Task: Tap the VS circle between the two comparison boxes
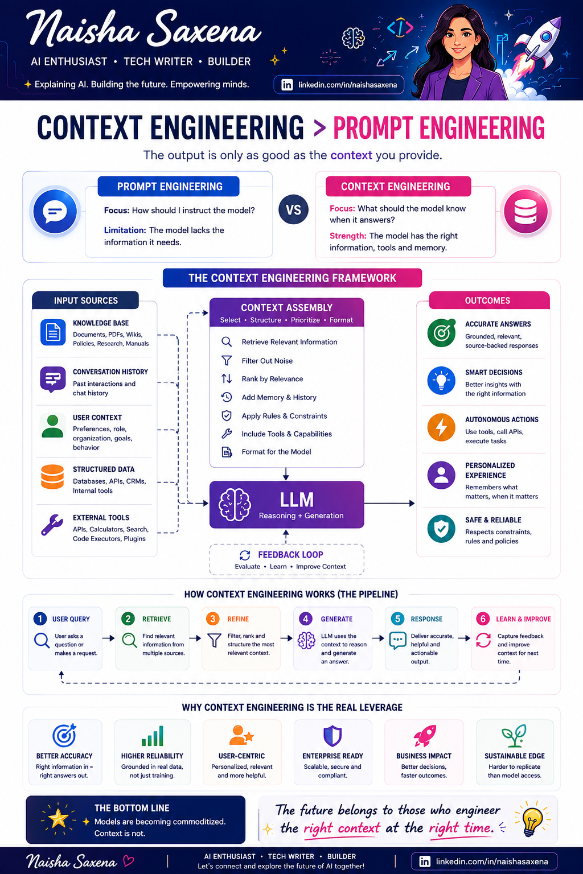point(293,209)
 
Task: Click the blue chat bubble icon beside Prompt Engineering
point(55,212)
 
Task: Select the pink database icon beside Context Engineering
point(525,212)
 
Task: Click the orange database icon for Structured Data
point(52,477)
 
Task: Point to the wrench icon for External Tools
point(52,525)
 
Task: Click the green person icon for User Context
point(52,426)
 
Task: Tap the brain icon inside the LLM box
point(235,505)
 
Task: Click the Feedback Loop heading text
point(290,554)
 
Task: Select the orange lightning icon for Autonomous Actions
point(441,427)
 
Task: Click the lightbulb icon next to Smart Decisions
point(441,381)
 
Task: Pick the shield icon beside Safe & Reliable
point(441,529)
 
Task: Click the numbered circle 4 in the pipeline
point(305,619)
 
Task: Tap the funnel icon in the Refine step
point(215,640)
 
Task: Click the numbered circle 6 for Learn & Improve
point(483,619)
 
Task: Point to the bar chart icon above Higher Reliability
point(152,736)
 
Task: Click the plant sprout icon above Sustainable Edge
point(514,736)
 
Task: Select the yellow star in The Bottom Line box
point(58,818)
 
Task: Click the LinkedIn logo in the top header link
point(287,85)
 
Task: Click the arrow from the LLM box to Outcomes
point(389,504)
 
